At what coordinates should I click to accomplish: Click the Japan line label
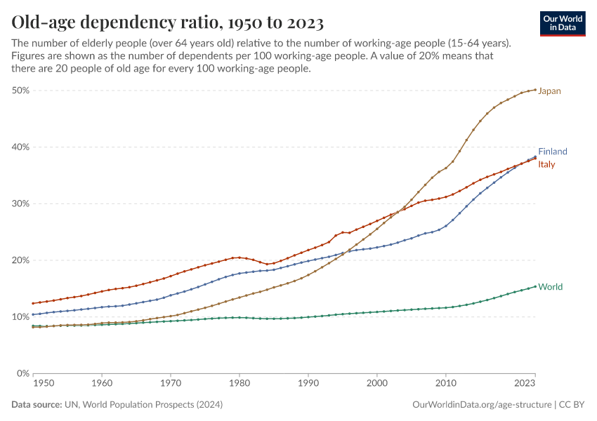coord(549,91)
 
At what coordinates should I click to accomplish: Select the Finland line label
coord(552,152)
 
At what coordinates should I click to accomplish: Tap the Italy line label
coord(546,165)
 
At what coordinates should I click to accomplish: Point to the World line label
coord(550,287)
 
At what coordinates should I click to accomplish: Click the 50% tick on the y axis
coord(20,91)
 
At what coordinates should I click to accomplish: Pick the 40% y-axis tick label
coord(20,147)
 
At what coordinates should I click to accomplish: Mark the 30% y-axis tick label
coord(20,203)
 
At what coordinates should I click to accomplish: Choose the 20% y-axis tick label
coord(20,260)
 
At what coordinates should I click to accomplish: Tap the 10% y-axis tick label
coord(20,316)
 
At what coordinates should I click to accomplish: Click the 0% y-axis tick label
coord(22,373)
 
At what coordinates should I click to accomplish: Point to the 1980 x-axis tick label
coord(239,385)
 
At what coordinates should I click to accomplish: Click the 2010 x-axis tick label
coord(445,385)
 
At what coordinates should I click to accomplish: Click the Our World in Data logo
coord(563,23)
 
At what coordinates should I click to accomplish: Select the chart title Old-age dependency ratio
coord(167,23)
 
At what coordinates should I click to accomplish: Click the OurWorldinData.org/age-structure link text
coord(481,405)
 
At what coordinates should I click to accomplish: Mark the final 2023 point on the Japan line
coord(535,90)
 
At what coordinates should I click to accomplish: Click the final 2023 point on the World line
coord(535,286)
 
